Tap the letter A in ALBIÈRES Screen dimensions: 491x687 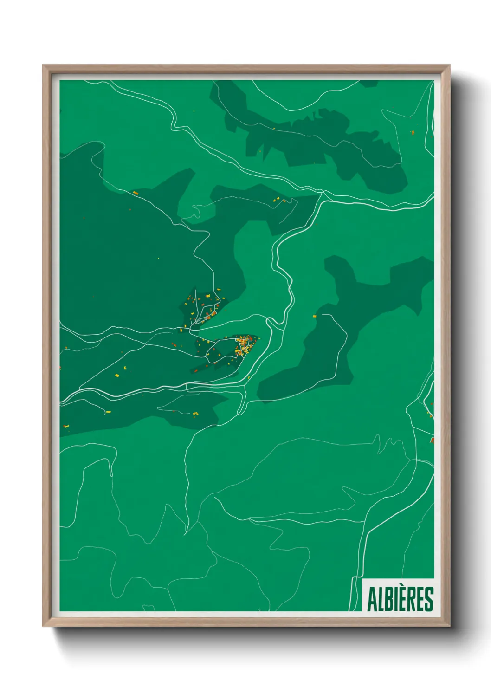point(372,599)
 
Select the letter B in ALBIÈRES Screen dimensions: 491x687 point(388,599)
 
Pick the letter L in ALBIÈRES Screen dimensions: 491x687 point(380,599)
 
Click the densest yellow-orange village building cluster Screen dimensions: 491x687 point(244,346)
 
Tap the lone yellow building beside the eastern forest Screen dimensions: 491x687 point(314,316)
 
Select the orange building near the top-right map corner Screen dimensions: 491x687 point(412,133)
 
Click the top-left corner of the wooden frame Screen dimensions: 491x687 point(43,66)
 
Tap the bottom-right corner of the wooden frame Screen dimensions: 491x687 point(449,625)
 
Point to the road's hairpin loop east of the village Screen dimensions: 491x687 point(271,320)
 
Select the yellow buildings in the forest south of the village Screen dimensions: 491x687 point(195,414)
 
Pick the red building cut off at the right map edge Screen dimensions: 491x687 point(432,440)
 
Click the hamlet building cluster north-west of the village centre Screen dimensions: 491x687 point(204,304)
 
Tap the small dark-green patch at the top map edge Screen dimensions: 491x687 point(369,83)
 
